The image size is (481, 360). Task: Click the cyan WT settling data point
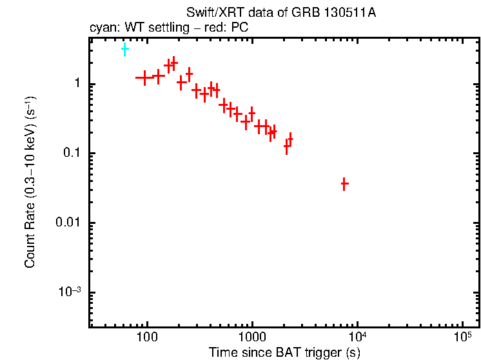tap(124, 49)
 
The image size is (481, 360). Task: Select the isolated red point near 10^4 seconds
tap(344, 185)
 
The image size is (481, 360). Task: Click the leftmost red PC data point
tap(144, 77)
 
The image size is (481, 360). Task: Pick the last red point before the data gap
tap(290, 139)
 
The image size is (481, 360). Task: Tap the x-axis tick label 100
tap(148, 337)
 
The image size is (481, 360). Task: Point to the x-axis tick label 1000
tap(252, 337)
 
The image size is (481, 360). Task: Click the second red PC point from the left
tap(159, 77)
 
